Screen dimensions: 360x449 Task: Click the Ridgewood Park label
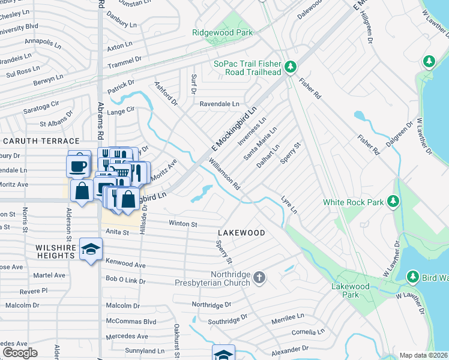[x=222, y=33]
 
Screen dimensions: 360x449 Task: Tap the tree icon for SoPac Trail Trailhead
[x=290, y=66]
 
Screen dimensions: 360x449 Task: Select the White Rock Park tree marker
[x=393, y=201]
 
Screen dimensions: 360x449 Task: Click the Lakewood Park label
[x=350, y=290]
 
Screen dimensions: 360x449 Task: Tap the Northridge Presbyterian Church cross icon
[x=259, y=277]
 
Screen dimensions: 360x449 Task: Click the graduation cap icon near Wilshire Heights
[x=91, y=250]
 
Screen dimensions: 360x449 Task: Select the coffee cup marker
[x=77, y=166]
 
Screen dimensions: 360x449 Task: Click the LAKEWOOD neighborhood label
[x=241, y=232]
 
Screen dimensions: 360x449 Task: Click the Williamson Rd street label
[x=224, y=175]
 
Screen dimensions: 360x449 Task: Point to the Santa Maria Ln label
[x=259, y=143]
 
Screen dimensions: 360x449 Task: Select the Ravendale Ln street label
[x=219, y=104]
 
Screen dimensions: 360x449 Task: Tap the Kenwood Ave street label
[x=125, y=264]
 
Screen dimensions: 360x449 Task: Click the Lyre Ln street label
[x=289, y=204]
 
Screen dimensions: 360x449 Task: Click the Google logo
[x=20, y=353]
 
